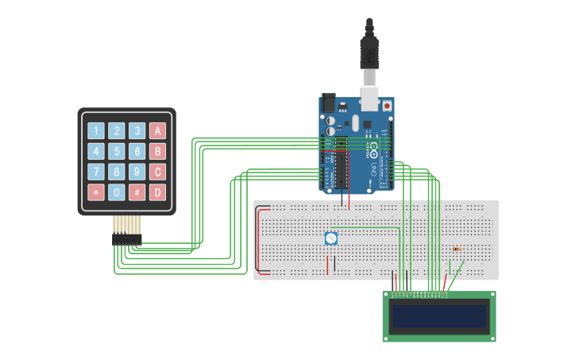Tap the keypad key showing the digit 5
117,151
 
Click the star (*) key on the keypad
96,192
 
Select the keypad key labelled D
157,192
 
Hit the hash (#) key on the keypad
137,192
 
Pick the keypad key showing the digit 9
137,172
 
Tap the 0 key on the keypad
117,192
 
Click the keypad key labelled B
157,151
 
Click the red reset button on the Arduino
387,105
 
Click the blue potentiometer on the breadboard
331,238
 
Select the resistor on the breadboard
456,250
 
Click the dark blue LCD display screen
439,316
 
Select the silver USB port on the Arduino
370,99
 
